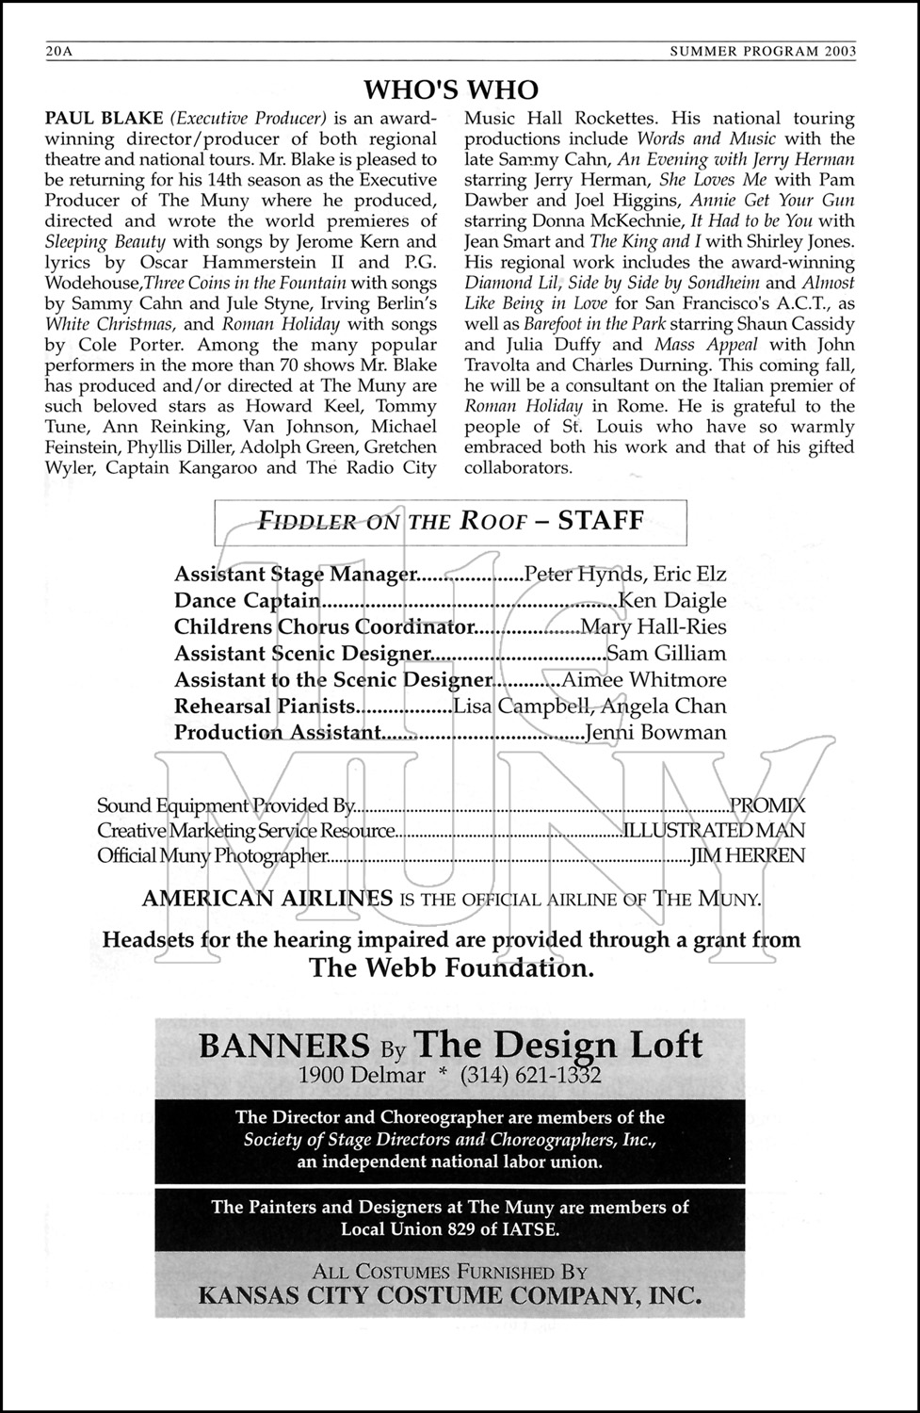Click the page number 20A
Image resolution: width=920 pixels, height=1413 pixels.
pyautogui.click(x=58, y=53)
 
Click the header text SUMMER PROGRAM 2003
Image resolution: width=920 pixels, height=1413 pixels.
pyautogui.click(x=763, y=53)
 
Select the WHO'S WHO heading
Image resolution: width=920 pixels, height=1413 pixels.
pyautogui.click(x=451, y=89)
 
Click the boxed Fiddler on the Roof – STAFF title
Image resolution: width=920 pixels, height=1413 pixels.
pyautogui.click(x=451, y=521)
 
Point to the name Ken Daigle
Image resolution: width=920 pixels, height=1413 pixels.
pyautogui.click(x=672, y=600)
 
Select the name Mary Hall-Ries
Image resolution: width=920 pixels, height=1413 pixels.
pyautogui.click(x=654, y=626)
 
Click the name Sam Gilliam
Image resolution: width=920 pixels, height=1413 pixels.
pyautogui.click(x=667, y=653)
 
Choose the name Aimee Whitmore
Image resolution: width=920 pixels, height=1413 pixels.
pyautogui.click(x=644, y=679)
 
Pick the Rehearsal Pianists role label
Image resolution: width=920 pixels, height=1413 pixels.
pyautogui.click(x=265, y=706)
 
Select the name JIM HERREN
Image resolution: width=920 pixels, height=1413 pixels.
pyautogui.click(x=748, y=855)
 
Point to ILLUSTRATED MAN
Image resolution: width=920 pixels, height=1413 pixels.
pyautogui.click(x=714, y=830)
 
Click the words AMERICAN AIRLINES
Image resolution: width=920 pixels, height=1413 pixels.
pyautogui.click(x=267, y=898)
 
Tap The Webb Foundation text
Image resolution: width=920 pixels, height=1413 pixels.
pyautogui.click(x=451, y=967)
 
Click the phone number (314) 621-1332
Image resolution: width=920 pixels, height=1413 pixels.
pyautogui.click(x=531, y=1075)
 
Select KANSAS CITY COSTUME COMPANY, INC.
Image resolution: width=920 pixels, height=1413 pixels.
pyautogui.click(x=450, y=1295)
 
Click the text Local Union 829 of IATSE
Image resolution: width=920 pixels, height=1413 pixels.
pyautogui.click(x=450, y=1228)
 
